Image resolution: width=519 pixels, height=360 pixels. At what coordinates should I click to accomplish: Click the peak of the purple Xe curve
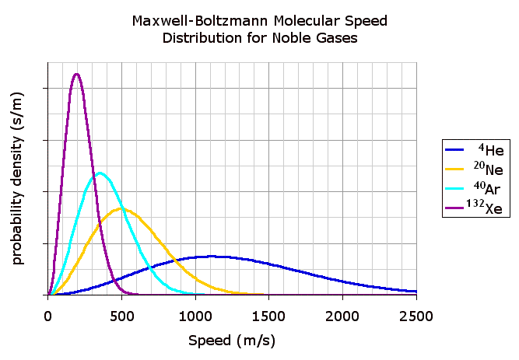76,75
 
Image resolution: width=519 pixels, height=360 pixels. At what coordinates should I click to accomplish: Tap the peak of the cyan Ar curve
100,173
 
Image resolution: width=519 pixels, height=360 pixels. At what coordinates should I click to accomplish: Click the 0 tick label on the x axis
48,315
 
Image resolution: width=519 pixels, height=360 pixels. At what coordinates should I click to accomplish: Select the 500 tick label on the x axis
121,315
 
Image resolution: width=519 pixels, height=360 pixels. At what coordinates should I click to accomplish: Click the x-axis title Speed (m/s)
232,341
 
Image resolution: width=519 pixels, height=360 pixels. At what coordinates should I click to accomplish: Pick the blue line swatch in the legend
454,149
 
